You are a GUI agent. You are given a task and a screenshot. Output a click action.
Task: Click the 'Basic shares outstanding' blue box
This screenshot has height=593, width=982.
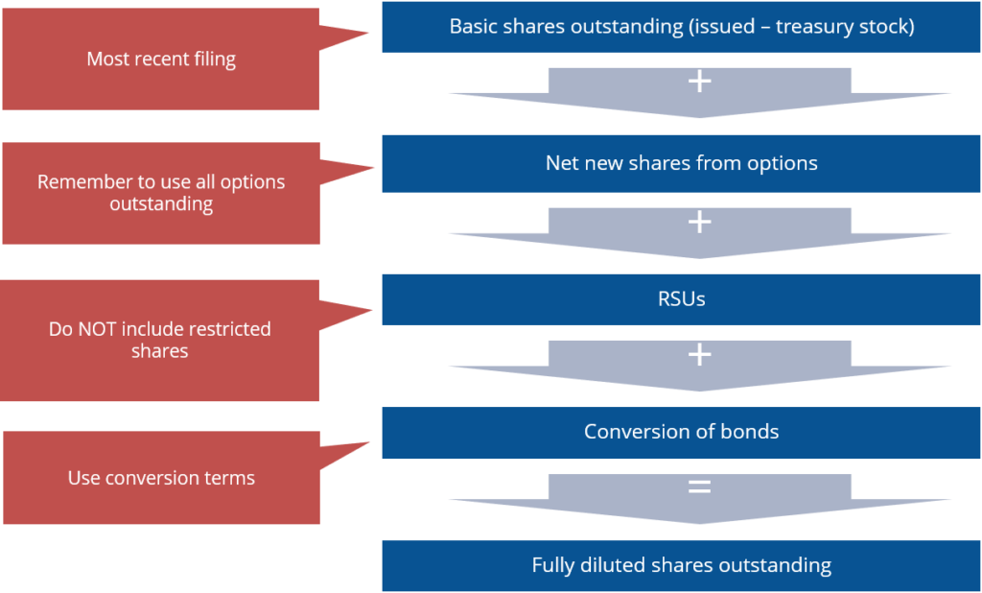click(681, 27)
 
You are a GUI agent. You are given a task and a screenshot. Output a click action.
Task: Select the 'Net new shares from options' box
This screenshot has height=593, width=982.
click(681, 163)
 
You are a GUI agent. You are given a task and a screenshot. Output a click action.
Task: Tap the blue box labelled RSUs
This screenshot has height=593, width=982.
click(681, 299)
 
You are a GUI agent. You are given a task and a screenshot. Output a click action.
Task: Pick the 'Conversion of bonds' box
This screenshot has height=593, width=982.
click(681, 432)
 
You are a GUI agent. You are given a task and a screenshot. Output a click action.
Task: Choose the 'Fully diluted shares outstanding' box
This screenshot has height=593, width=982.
click(681, 565)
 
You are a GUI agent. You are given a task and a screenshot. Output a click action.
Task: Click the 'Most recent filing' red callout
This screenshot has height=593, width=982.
click(160, 59)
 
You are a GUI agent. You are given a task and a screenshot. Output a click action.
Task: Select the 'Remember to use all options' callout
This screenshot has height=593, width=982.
click(160, 193)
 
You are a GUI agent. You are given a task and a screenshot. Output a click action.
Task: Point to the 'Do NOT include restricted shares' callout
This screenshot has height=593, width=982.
click(159, 340)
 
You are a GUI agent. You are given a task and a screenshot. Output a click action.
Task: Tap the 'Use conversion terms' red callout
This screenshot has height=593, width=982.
click(161, 478)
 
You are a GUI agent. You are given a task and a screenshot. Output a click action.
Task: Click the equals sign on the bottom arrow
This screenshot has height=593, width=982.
click(700, 487)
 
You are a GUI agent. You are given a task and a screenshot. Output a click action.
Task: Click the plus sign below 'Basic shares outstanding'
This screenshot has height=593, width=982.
click(700, 82)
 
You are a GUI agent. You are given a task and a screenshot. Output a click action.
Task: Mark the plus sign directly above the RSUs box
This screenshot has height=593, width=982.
click(700, 223)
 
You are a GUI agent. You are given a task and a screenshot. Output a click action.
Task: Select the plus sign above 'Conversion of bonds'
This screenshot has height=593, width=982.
click(700, 355)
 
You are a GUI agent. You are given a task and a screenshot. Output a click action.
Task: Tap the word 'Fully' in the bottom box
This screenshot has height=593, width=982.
click(553, 565)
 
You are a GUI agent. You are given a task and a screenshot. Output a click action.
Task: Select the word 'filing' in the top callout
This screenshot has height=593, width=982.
click(212, 59)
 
